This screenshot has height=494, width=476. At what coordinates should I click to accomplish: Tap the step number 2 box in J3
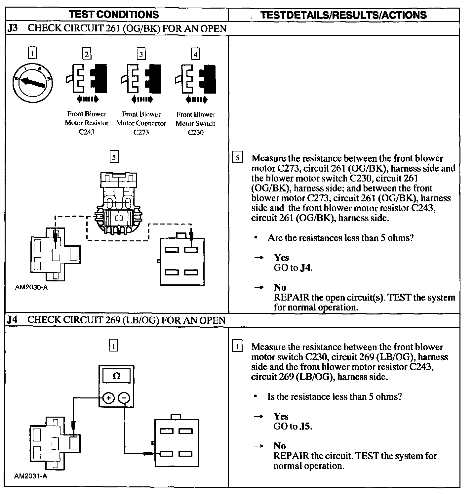(87, 54)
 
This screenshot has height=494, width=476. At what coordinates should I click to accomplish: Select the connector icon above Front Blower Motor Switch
(196, 79)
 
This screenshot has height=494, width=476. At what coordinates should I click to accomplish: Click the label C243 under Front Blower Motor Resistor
(87, 132)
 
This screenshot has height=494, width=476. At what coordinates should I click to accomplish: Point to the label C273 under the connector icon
(141, 132)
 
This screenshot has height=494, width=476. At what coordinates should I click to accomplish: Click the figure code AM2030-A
(31, 287)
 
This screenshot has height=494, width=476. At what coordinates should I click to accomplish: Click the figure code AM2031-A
(31, 476)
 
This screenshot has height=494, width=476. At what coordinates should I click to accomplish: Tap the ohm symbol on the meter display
(116, 376)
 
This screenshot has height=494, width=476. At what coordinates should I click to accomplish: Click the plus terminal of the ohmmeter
(108, 398)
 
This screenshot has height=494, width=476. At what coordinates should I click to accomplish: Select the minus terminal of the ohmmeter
(124, 398)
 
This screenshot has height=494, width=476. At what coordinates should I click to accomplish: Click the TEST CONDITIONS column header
(114, 15)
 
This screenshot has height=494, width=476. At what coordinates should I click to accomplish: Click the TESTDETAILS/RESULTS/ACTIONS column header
(343, 15)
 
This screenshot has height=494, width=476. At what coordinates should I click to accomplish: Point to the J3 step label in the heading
(12, 28)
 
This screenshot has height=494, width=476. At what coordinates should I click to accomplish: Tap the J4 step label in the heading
(12, 320)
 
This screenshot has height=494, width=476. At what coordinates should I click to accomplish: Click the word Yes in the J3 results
(281, 258)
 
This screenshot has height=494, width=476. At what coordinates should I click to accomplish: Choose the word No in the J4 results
(280, 446)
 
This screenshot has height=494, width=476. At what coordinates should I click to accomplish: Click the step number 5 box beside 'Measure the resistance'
(237, 158)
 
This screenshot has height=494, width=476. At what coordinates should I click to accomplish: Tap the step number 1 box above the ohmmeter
(113, 346)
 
